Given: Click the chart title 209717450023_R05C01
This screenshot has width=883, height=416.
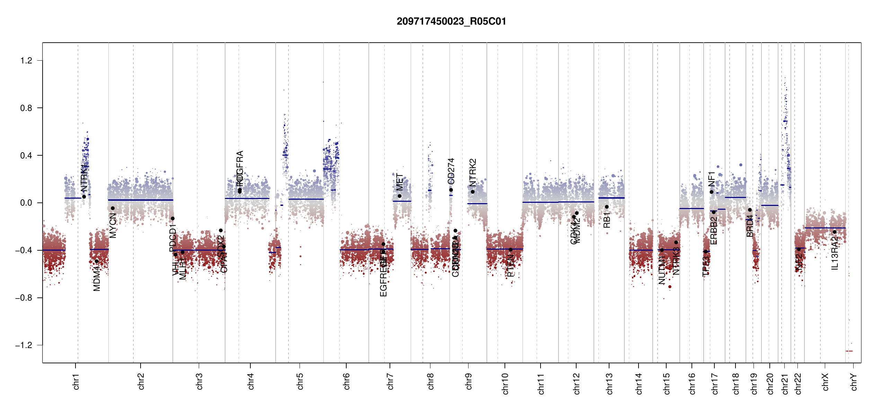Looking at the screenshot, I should click(451, 21).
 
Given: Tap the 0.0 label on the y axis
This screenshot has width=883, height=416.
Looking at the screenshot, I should click(26, 203).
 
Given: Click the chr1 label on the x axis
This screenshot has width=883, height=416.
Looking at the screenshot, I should click(76, 381).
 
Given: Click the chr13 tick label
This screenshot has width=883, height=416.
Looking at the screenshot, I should click(609, 383).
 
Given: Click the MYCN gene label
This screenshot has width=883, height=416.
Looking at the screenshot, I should click(113, 225).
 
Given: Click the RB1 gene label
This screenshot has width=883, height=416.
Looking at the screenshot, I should click(607, 220).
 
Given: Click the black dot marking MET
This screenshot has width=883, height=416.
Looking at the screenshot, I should click(400, 196).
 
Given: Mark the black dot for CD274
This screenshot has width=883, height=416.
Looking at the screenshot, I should click(451, 190).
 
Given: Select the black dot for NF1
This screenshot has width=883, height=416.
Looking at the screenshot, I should click(712, 192).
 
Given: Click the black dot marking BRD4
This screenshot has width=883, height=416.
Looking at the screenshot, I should click(750, 210).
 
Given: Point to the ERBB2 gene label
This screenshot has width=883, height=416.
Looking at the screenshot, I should click(714, 231).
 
